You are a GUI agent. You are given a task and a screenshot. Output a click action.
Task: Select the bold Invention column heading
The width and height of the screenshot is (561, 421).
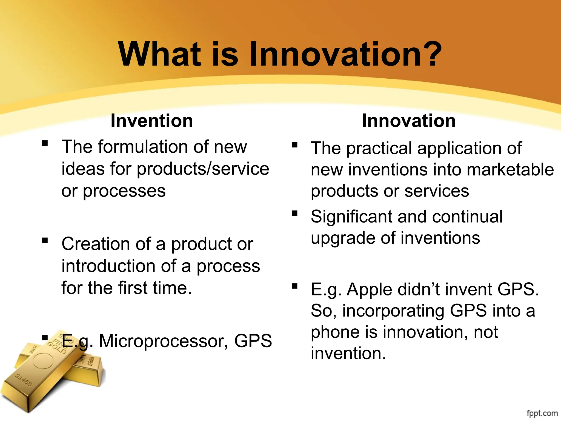coord(152,121)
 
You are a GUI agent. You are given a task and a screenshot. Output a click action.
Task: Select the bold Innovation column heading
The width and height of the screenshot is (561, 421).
coord(408,121)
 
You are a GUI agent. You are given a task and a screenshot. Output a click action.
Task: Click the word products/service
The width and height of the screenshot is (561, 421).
coord(203,169)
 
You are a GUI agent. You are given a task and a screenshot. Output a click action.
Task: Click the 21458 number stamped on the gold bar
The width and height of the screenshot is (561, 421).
coord(23,380)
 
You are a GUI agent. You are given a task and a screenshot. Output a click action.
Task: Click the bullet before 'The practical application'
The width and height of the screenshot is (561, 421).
coord(295,145)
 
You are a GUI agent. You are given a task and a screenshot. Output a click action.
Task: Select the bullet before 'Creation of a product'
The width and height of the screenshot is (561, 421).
coord(45,241)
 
